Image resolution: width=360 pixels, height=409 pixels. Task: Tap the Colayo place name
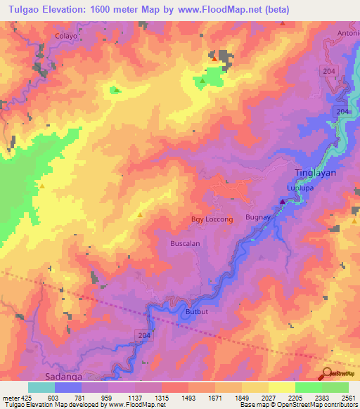pyautogui.click(x=65, y=34)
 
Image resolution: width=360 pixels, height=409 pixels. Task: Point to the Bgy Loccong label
pyautogui.click(x=212, y=219)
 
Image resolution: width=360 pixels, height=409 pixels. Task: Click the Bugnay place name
pyautogui.click(x=257, y=219)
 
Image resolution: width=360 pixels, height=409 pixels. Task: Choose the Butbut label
pyautogui.click(x=198, y=310)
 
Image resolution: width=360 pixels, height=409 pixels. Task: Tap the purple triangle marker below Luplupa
pyautogui.click(x=283, y=202)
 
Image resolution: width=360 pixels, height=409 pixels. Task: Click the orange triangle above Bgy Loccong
pyautogui.click(x=141, y=214)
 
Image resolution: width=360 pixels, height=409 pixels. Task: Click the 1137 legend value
pyautogui.click(x=131, y=398)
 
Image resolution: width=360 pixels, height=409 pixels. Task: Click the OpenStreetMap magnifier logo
pyautogui.click(x=326, y=374)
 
